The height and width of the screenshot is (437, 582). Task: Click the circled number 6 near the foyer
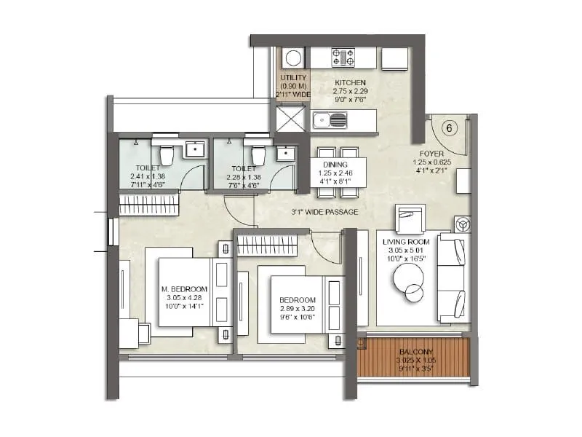click(x=449, y=129)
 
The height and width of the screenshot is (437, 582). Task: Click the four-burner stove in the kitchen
click(x=343, y=58)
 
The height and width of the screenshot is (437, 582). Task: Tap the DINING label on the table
click(x=335, y=165)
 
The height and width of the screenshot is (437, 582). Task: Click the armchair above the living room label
click(x=409, y=218)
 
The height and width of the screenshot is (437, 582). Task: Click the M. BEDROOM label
click(x=182, y=288)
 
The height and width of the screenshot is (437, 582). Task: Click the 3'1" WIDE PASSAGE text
click(x=320, y=212)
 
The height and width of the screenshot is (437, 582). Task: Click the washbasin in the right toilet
click(x=284, y=153)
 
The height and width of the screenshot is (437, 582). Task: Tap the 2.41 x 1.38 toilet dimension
click(x=148, y=176)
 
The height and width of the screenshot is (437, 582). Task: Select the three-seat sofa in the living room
click(x=453, y=278)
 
